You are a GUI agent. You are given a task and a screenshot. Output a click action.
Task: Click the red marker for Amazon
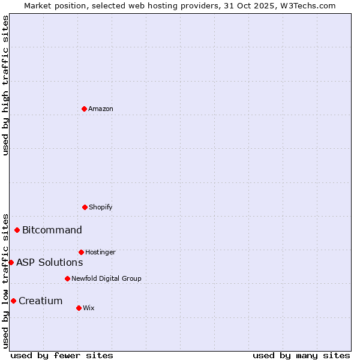point(84,109)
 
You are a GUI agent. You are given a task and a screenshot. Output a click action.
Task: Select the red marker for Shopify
point(85,207)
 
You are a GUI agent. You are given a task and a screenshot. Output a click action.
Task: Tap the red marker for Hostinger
point(81,252)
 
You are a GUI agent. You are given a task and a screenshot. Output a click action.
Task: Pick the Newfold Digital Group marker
point(67,278)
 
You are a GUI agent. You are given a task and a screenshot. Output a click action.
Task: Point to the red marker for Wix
point(79,308)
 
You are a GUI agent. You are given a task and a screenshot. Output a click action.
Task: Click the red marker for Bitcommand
point(17,230)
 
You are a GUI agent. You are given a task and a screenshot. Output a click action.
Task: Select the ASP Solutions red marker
point(11,262)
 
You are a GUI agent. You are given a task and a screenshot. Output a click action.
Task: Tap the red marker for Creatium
point(13,301)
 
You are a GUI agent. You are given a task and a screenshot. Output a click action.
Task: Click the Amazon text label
point(101,109)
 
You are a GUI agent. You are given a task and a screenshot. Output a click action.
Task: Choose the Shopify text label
point(101,208)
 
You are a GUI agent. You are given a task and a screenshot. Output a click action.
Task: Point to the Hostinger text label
point(100,253)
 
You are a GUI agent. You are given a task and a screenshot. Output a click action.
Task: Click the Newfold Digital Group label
point(106,279)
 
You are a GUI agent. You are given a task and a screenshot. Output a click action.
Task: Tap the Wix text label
point(89,308)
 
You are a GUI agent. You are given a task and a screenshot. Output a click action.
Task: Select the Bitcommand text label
point(52,230)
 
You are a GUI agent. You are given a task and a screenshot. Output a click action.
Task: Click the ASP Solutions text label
point(50,263)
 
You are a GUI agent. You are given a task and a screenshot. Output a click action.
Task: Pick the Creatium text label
point(41,301)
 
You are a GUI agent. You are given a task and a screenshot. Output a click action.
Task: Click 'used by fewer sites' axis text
point(62,355)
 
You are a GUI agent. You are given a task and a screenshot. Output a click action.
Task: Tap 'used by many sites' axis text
point(301,355)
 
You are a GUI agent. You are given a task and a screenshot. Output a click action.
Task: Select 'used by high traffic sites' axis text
point(5,86)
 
